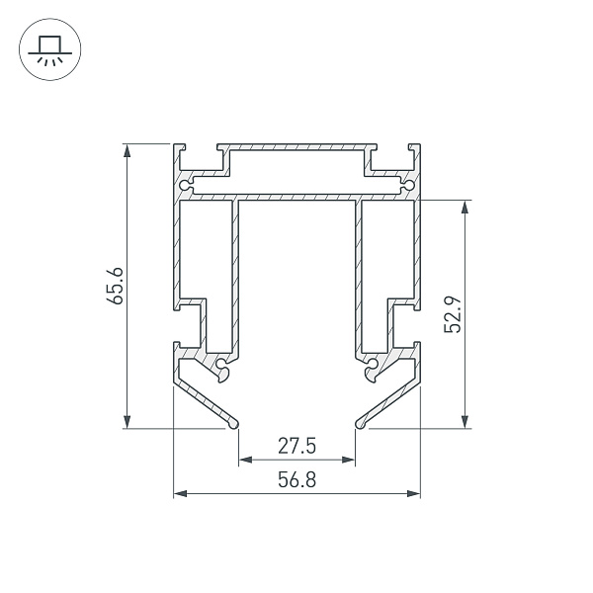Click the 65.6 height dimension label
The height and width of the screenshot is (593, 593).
(115, 286)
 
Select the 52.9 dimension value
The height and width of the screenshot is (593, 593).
(453, 314)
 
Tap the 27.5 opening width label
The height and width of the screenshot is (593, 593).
(296, 446)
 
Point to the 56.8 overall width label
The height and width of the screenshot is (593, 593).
(296, 480)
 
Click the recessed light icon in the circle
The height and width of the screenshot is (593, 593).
(50, 50)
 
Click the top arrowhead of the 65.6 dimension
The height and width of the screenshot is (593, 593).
(127, 150)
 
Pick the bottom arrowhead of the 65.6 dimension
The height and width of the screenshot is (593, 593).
(127, 422)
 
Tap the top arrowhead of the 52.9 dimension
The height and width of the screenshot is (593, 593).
(466, 207)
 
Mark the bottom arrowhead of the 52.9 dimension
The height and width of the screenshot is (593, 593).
(466, 422)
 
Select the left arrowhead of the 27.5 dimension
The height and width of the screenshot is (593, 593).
(246, 460)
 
